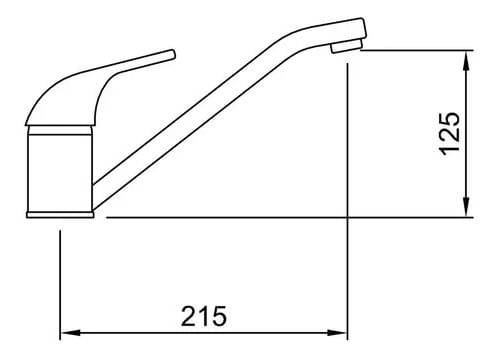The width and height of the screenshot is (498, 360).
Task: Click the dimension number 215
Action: pyautogui.click(x=204, y=316)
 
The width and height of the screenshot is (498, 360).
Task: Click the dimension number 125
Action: pyautogui.click(x=450, y=134)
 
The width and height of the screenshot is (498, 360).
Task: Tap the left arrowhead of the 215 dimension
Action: pyautogui.click(x=70, y=333)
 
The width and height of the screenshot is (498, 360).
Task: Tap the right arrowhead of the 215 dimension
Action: pyautogui.click(x=337, y=333)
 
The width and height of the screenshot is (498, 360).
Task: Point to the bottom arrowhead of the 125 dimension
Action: pyautogui.click(x=467, y=207)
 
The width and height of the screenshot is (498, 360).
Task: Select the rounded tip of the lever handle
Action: pyautogui.click(x=172, y=54)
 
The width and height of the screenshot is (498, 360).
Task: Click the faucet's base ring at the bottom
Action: pyautogui.click(x=60, y=215)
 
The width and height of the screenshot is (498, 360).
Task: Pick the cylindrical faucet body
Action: pyautogui.click(x=59, y=173)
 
